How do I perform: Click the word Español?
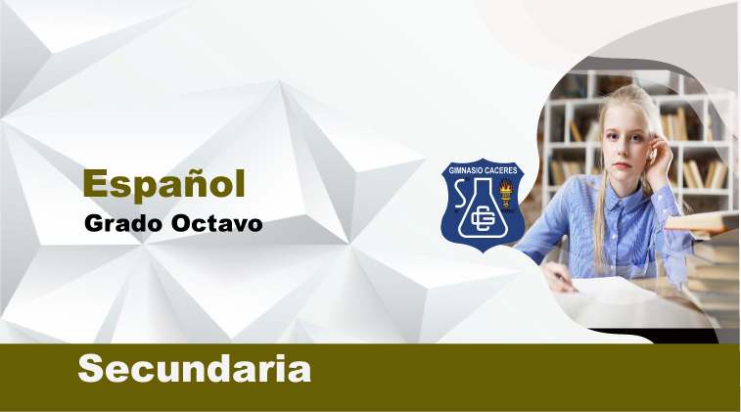tap(164, 184)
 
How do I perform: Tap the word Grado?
tap(123, 223)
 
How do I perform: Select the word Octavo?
tap(217, 223)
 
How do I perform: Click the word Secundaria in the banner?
tap(195, 369)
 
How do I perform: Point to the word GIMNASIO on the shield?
tap(465, 170)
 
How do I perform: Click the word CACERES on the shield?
tap(501, 170)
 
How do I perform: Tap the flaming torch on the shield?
tap(506, 193)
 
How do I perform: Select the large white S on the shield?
tap(459, 194)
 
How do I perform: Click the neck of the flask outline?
tap(483, 187)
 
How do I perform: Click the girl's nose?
tap(624, 150)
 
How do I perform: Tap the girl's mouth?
tap(623, 165)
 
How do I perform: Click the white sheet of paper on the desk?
tap(614, 289)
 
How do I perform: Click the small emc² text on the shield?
tap(509, 211)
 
